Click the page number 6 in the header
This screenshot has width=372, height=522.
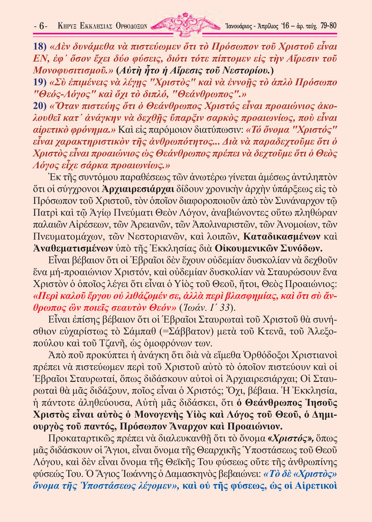tap(42, 26)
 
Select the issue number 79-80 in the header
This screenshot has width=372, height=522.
tap(328, 26)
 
